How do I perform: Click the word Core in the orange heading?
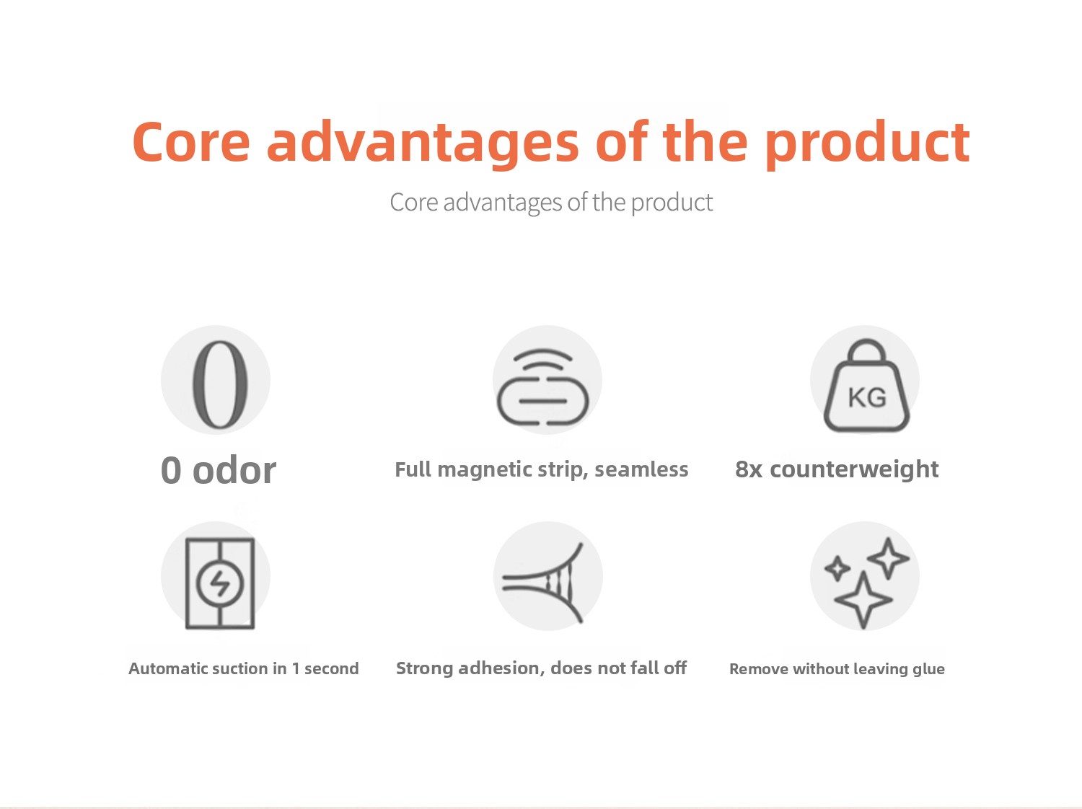(190, 141)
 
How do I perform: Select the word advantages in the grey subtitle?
(502, 202)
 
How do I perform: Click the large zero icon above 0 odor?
(219, 384)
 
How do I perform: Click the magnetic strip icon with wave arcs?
(542, 386)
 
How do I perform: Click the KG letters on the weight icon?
(867, 397)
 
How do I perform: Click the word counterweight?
(854, 469)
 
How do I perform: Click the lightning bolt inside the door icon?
(220, 584)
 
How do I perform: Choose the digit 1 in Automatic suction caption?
(296, 668)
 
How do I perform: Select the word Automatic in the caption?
(172, 668)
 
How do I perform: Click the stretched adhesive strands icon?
(542, 583)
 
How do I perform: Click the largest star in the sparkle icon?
(863, 600)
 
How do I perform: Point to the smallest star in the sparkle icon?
(837, 569)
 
